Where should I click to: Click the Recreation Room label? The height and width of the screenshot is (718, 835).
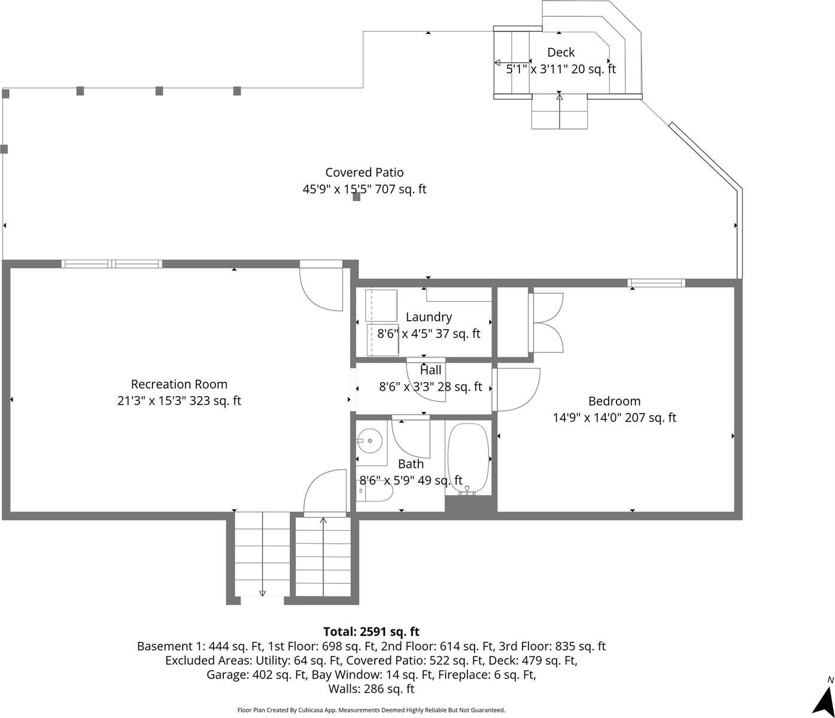[x=179, y=384]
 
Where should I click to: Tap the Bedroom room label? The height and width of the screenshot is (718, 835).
[x=614, y=401]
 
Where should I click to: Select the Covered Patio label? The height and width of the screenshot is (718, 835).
[x=364, y=172]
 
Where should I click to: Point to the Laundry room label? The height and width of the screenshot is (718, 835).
[x=429, y=317]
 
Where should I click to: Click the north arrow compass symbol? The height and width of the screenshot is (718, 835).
[x=823, y=696]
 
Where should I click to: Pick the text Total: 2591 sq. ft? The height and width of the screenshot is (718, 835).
[x=371, y=631]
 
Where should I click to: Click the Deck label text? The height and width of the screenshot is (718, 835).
[x=561, y=53]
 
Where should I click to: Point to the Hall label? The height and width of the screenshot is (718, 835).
[x=430, y=370]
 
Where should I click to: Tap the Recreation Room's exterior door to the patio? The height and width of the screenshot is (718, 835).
[x=321, y=285]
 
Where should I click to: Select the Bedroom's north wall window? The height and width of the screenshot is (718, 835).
[x=656, y=283]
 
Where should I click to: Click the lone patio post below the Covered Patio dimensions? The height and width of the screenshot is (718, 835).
[x=357, y=197]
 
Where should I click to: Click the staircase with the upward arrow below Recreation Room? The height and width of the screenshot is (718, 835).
[x=323, y=556]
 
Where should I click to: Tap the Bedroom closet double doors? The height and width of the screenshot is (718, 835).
[x=546, y=323]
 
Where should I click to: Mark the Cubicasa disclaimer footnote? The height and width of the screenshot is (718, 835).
[x=371, y=710]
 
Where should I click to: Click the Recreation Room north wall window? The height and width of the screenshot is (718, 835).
[x=111, y=264]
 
